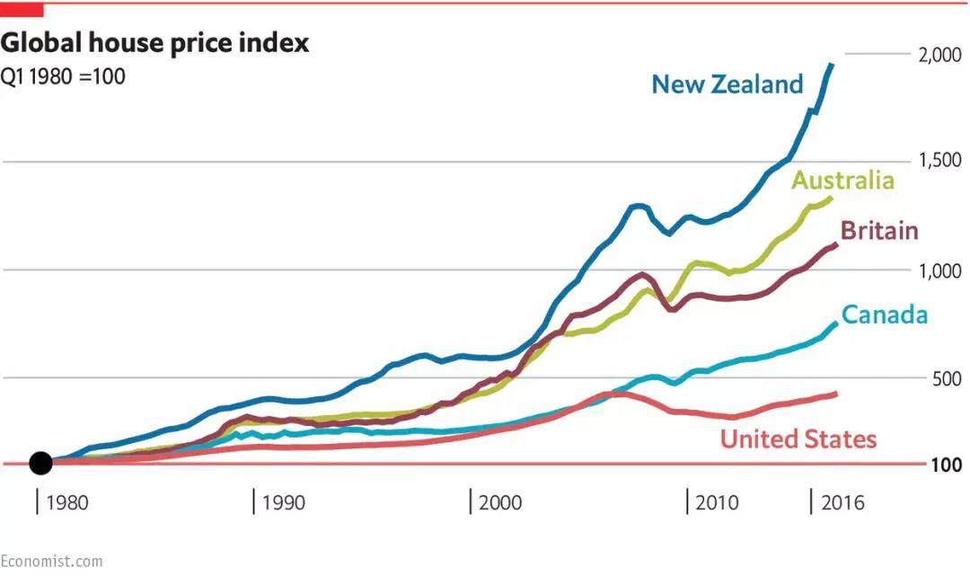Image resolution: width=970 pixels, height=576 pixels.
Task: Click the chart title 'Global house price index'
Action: [x=154, y=42]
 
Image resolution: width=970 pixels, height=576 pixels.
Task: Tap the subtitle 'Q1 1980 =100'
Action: [x=63, y=75]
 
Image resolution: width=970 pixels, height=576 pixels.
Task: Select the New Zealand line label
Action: [x=727, y=84]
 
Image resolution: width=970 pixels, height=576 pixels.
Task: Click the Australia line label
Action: [x=842, y=180]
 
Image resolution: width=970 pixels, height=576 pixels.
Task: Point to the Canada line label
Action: [x=884, y=315]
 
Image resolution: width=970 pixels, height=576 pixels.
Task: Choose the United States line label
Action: [x=798, y=439]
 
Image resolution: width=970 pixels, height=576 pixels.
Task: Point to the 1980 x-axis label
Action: [x=67, y=501]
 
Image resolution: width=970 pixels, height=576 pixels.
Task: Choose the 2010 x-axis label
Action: [x=717, y=501]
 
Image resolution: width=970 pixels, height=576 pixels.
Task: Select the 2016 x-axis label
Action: [x=842, y=501]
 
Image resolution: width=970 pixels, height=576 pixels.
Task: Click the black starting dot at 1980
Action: [x=40, y=463]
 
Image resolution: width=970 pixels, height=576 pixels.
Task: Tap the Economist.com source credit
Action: [x=51, y=561]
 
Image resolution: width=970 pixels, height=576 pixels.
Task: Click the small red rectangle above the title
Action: [x=22, y=9]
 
